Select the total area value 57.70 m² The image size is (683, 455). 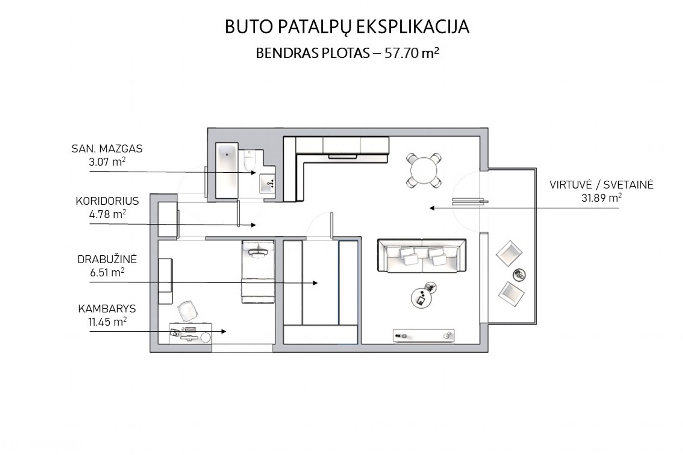click(412, 53)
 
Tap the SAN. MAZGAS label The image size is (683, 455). click(107, 149)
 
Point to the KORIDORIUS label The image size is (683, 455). click(107, 201)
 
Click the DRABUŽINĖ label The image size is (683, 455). click(107, 259)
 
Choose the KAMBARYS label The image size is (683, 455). click(107, 308)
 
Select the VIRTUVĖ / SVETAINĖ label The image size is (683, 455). click(601, 185)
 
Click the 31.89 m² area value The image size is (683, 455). click(601, 198)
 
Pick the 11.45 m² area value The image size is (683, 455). click(107, 322)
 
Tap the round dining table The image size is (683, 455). click(424, 170)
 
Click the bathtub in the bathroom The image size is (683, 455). click(226, 170)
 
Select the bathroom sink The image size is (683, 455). click(267, 184)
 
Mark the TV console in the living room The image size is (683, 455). click(424, 336)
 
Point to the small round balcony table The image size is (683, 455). click(519, 275)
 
